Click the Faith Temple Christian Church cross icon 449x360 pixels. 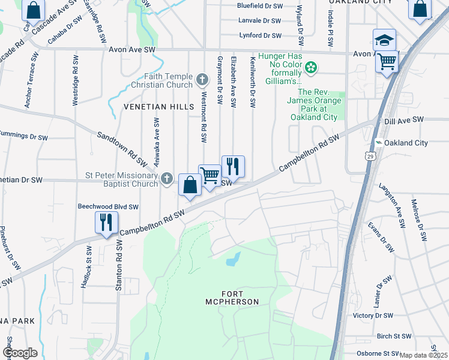coord(202,79)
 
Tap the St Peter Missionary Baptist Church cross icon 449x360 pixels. coord(167,178)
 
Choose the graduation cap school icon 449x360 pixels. coord(384,40)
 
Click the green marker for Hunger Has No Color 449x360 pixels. coord(311,68)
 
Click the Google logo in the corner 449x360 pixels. coord(20,352)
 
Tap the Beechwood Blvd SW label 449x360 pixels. coord(108,206)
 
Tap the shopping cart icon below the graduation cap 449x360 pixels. coord(388,61)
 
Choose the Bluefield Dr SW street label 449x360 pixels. coord(259,5)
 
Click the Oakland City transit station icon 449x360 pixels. coord(379,143)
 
